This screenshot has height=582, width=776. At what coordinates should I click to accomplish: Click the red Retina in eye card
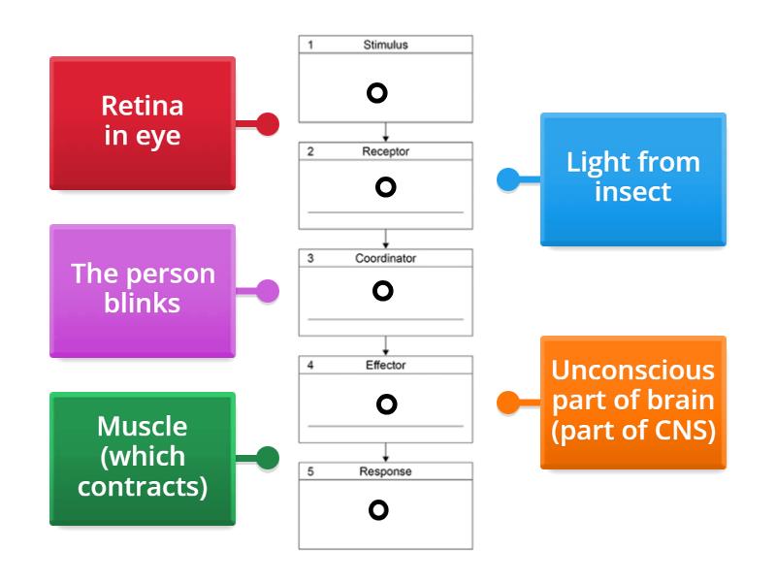[142, 122]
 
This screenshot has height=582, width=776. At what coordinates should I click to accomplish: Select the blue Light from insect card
[632, 178]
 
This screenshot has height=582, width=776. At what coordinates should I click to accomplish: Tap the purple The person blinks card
[142, 289]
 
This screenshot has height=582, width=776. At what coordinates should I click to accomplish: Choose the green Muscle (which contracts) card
[142, 457]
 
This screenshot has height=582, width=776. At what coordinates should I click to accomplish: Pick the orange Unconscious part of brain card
[632, 401]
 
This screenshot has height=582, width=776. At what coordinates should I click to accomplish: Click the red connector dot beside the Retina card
[268, 124]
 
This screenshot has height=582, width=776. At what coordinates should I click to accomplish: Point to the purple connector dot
[268, 290]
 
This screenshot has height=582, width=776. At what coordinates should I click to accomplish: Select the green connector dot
[268, 458]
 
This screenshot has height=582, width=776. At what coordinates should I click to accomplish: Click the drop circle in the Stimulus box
[377, 93]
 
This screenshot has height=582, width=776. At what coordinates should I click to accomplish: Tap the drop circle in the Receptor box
[385, 187]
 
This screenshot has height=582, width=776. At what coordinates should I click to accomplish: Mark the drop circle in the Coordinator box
[382, 290]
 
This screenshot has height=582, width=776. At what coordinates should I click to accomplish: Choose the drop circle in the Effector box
[386, 404]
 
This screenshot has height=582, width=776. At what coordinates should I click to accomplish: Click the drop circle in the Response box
[378, 508]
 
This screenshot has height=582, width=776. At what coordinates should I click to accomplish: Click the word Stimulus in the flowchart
[385, 45]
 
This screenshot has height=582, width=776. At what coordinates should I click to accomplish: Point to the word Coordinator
[385, 259]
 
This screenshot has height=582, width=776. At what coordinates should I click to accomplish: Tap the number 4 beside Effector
[310, 366]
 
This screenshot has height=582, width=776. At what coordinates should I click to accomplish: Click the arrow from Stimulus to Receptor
[386, 132]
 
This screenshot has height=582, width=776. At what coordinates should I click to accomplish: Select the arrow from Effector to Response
[386, 452]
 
